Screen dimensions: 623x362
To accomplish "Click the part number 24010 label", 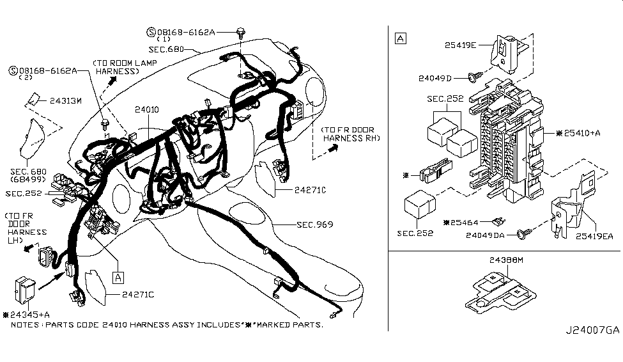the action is pyautogui.click(x=146, y=109).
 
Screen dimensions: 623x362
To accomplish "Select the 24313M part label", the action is pyautogui.click(x=66, y=100).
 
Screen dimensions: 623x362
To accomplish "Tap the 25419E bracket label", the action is pyautogui.click(x=460, y=45).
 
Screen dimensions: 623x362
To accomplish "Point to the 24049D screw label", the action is pyautogui.click(x=435, y=78).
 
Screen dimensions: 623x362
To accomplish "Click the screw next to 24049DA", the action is pyautogui.click(x=525, y=233).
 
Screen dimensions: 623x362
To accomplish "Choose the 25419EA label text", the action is pyautogui.click(x=594, y=236).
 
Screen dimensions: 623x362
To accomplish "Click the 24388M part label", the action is pyautogui.click(x=506, y=260).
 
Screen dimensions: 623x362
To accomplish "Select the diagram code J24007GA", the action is pyautogui.click(x=592, y=330).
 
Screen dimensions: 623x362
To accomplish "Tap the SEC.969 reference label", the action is pyautogui.click(x=314, y=224).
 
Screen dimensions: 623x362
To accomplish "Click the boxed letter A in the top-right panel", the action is pyautogui.click(x=401, y=38).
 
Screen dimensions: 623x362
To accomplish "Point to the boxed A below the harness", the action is pyautogui.click(x=118, y=278).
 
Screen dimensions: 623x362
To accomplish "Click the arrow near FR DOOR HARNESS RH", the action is pyautogui.click(x=334, y=148).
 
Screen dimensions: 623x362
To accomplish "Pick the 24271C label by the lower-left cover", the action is pyautogui.click(x=138, y=294).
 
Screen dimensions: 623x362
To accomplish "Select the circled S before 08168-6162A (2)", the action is pyautogui.click(x=13, y=71).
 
